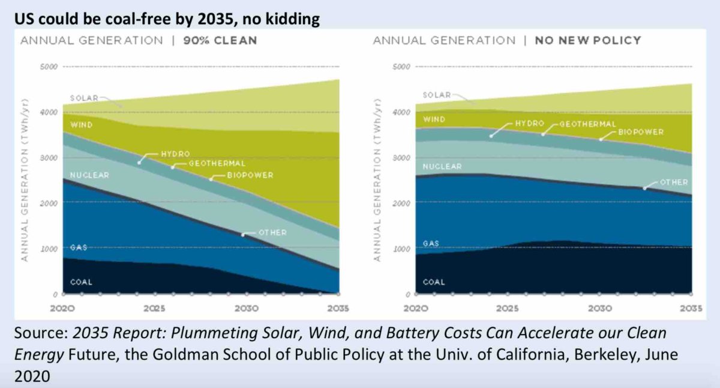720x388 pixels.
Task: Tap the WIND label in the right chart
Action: (434, 120)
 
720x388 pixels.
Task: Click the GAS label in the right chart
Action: (431, 243)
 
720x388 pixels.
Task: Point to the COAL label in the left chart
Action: (81, 282)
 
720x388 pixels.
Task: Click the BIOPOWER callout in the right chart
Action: (641, 132)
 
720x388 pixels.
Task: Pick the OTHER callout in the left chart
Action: (272, 232)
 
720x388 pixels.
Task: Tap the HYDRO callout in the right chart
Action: (529, 123)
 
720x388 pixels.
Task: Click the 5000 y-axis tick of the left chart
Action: (49, 66)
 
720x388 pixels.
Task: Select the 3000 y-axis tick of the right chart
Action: (400, 157)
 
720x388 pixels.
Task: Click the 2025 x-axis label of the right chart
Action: (507, 308)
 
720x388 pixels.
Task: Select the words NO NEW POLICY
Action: (588, 41)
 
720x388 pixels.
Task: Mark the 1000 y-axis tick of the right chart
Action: (400, 249)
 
